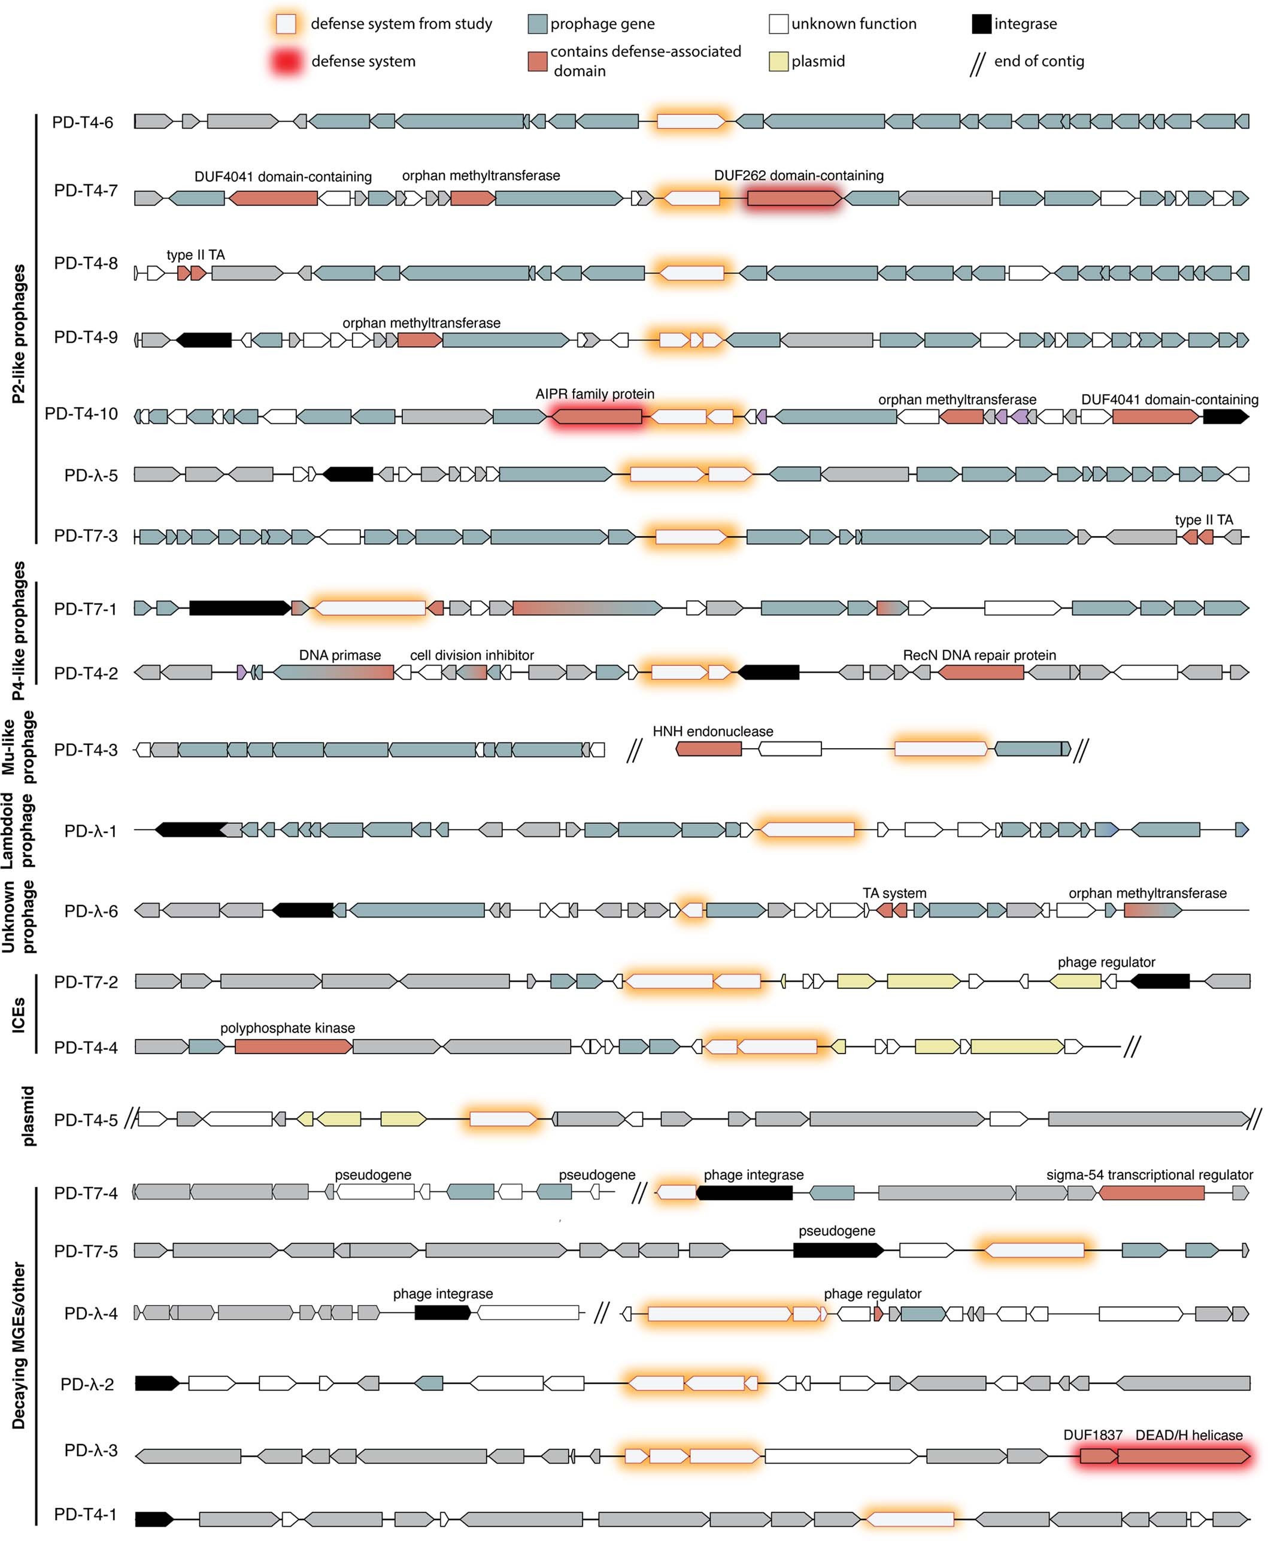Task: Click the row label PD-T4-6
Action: (83, 122)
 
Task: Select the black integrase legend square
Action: (981, 24)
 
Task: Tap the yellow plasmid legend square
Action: (779, 61)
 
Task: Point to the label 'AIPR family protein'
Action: (594, 394)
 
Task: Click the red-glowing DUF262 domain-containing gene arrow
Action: (793, 198)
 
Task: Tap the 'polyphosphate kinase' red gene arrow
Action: (293, 1047)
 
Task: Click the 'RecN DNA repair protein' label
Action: (979, 655)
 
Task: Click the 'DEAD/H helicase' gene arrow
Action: (1182, 1455)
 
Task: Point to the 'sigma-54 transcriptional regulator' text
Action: (1149, 1175)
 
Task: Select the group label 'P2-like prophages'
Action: (19, 334)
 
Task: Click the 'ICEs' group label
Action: (19, 1015)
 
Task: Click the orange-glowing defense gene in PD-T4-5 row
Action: (502, 1119)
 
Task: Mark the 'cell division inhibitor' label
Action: (472, 655)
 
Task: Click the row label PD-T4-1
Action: (86, 1514)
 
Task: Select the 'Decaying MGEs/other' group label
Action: (19, 1345)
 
